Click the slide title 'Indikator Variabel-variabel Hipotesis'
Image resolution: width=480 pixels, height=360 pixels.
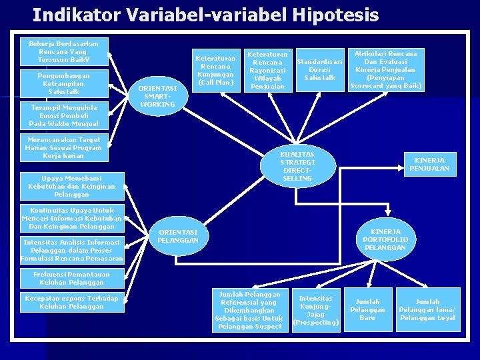pos(205,15)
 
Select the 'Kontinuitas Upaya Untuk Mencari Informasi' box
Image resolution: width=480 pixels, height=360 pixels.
pos(71,219)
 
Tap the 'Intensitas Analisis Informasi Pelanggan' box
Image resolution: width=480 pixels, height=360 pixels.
pos(71,250)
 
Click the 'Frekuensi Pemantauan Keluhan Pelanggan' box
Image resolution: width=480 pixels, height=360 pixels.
pos(71,278)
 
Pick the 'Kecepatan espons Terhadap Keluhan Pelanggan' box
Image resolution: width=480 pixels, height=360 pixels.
pos(71,302)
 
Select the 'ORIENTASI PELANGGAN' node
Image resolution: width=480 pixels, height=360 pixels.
pos(179,236)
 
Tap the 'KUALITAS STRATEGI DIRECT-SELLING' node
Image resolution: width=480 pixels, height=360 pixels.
pos(297,166)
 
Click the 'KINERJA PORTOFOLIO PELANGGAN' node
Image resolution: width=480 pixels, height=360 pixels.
pos(385,239)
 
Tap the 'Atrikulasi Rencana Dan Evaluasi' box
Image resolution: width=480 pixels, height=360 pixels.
pos(385,69)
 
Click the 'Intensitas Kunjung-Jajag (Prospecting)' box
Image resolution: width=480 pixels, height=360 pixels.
pos(316,311)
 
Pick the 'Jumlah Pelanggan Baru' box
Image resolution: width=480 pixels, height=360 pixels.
pos(367,310)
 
